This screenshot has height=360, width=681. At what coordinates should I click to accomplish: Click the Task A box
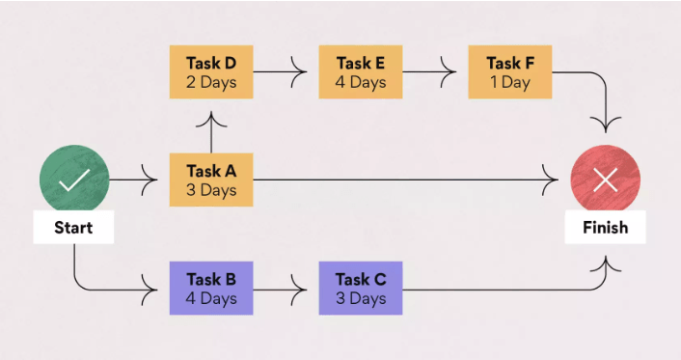coord(211,180)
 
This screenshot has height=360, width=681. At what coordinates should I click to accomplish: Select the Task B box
coord(211,288)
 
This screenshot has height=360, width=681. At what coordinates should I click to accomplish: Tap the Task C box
coord(361,288)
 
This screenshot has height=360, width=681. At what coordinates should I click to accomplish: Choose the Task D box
coord(211,72)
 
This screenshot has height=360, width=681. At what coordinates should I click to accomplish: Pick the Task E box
coord(361,72)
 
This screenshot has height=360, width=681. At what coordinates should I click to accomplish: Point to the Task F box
coord(509,72)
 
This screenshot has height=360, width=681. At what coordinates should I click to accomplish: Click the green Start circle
coord(74,180)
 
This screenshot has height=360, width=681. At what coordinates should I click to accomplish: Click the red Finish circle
coord(605,180)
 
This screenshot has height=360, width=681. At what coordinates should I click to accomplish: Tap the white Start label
coord(74,228)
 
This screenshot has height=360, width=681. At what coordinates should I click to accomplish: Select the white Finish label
coord(605,228)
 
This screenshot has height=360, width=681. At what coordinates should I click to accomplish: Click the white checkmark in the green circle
coord(74,180)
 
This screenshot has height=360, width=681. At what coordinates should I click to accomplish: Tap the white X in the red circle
coord(605,180)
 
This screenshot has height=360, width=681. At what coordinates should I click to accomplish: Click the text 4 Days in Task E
coord(361,82)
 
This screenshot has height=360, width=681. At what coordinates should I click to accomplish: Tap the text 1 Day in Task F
coord(509,82)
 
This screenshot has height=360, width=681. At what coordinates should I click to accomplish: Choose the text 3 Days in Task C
coord(361,297)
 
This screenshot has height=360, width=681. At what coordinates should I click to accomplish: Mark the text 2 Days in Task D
coord(211,82)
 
